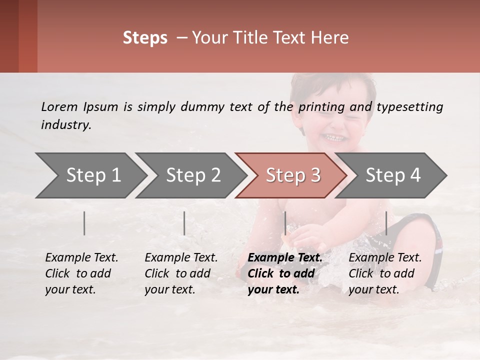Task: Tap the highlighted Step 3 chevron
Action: pyautogui.click(x=293, y=175)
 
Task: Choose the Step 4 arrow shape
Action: pyautogui.click(x=393, y=175)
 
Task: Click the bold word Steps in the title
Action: pyautogui.click(x=145, y=37)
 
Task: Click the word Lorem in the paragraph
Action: pyautogui.click(x=59, y=106)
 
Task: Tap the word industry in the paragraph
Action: pyautogui.click(x=66, y=125)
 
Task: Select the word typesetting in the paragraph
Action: pyautogui.click(x=409, y=106)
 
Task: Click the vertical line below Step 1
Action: pyautogui.click(x=84, y=223)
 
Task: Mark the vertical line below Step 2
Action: pyautogui.click(x=184, y=223)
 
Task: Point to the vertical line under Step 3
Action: pyautogui.click(x=285, y=223)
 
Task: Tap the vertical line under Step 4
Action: pyautogui.click(x=386, y=223)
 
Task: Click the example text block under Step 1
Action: pyautogui.click(x=81, y=273)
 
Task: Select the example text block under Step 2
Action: pyautogui.click(x=181, y=273)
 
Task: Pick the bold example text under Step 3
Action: pyautogui.click(x=285, y=273)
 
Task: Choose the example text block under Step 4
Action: pyautogui.click(x=385, y=273)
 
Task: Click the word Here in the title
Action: pyautogui.click(x=332, y=37)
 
